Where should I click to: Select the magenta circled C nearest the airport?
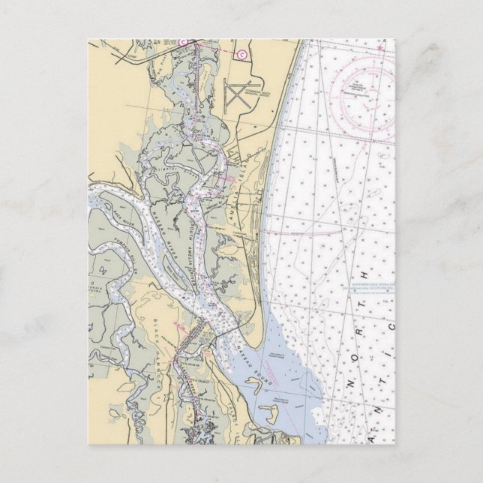tap(241, 54)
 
